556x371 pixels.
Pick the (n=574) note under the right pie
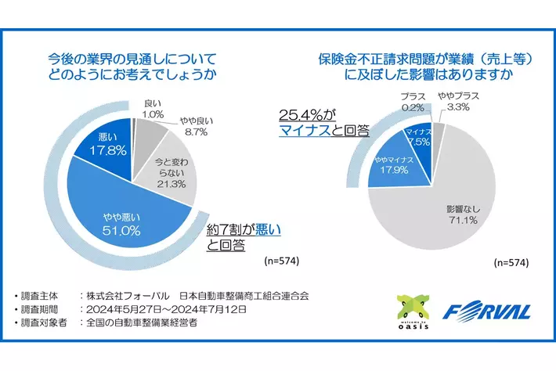pos(507,261)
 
